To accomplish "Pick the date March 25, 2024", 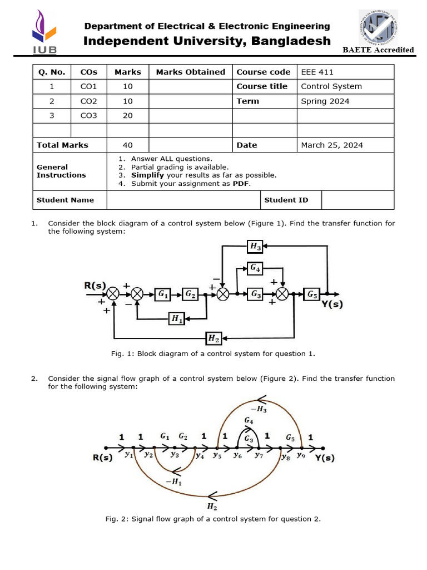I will [332, 145].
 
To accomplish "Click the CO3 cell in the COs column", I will [88, 116].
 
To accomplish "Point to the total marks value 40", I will [128, 145].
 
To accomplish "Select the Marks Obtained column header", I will [191, 72].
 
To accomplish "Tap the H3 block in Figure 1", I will [255, 245].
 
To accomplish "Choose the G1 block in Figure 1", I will [163, 293].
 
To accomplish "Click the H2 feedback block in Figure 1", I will [213, 338].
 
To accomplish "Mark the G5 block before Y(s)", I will [312, 293].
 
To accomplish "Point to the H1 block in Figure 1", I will [176, 318].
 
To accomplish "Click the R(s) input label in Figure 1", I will [95, 285].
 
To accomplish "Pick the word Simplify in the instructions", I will [147, 175].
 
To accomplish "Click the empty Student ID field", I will [358, 200].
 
